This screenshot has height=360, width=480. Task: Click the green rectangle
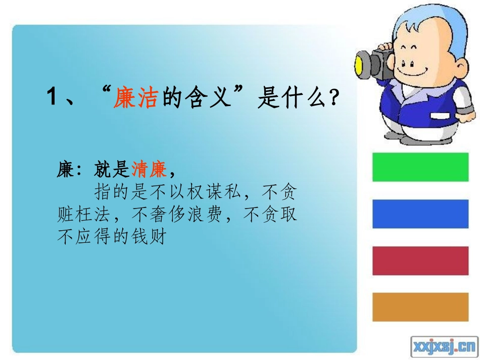[x=420, y=167]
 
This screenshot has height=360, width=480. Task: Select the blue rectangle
[x=420, y=214]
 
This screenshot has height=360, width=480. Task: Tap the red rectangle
[x=420, y=261]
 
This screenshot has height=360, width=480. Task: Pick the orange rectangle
[x=420, y=306]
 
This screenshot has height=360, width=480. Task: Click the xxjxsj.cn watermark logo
[x=444, y=346]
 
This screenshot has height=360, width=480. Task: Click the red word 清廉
[x=149, y=170]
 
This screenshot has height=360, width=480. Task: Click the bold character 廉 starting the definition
[x=66, y=170]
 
